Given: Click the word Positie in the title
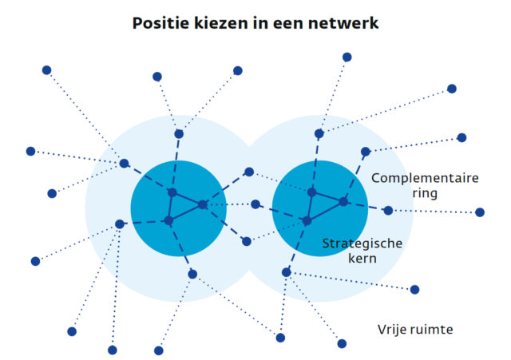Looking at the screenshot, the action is point(160,23).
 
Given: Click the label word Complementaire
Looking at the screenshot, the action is point(425,179).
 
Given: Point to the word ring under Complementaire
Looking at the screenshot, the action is point(425,193).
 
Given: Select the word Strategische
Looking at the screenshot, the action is point(362,243).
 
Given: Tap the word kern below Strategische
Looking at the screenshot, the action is point(362,259).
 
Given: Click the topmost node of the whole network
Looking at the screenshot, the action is point(347,57).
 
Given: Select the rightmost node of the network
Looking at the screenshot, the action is point(480,212).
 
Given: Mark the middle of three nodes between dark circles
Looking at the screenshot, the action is point(255,204).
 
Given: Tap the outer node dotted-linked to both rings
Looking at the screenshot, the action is point(280,338).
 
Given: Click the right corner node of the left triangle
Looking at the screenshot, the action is point(203,204).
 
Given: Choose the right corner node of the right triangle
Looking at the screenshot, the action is point(343,202).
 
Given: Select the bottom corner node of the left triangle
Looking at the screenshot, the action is point(168,221).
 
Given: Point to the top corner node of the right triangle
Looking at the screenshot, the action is point(312,192).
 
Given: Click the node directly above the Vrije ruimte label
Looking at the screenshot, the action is point(414,289).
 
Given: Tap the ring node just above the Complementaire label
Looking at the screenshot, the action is point(366,152).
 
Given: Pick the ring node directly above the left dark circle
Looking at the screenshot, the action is point(179,134).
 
